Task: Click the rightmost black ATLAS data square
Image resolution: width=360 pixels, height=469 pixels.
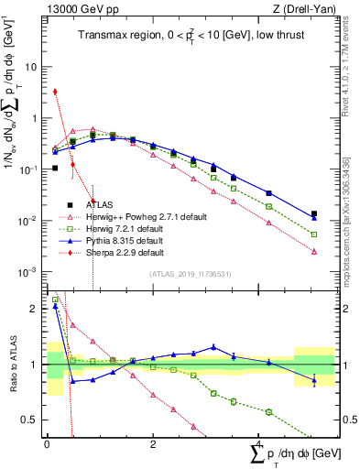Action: pyautogui.click(x=314, y=213)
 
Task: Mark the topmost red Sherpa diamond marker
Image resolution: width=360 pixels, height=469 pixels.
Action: pyautogui.click(x=55, y=92)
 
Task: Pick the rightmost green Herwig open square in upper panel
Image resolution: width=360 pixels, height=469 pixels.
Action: pyautogui.click(x=314, y=234)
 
